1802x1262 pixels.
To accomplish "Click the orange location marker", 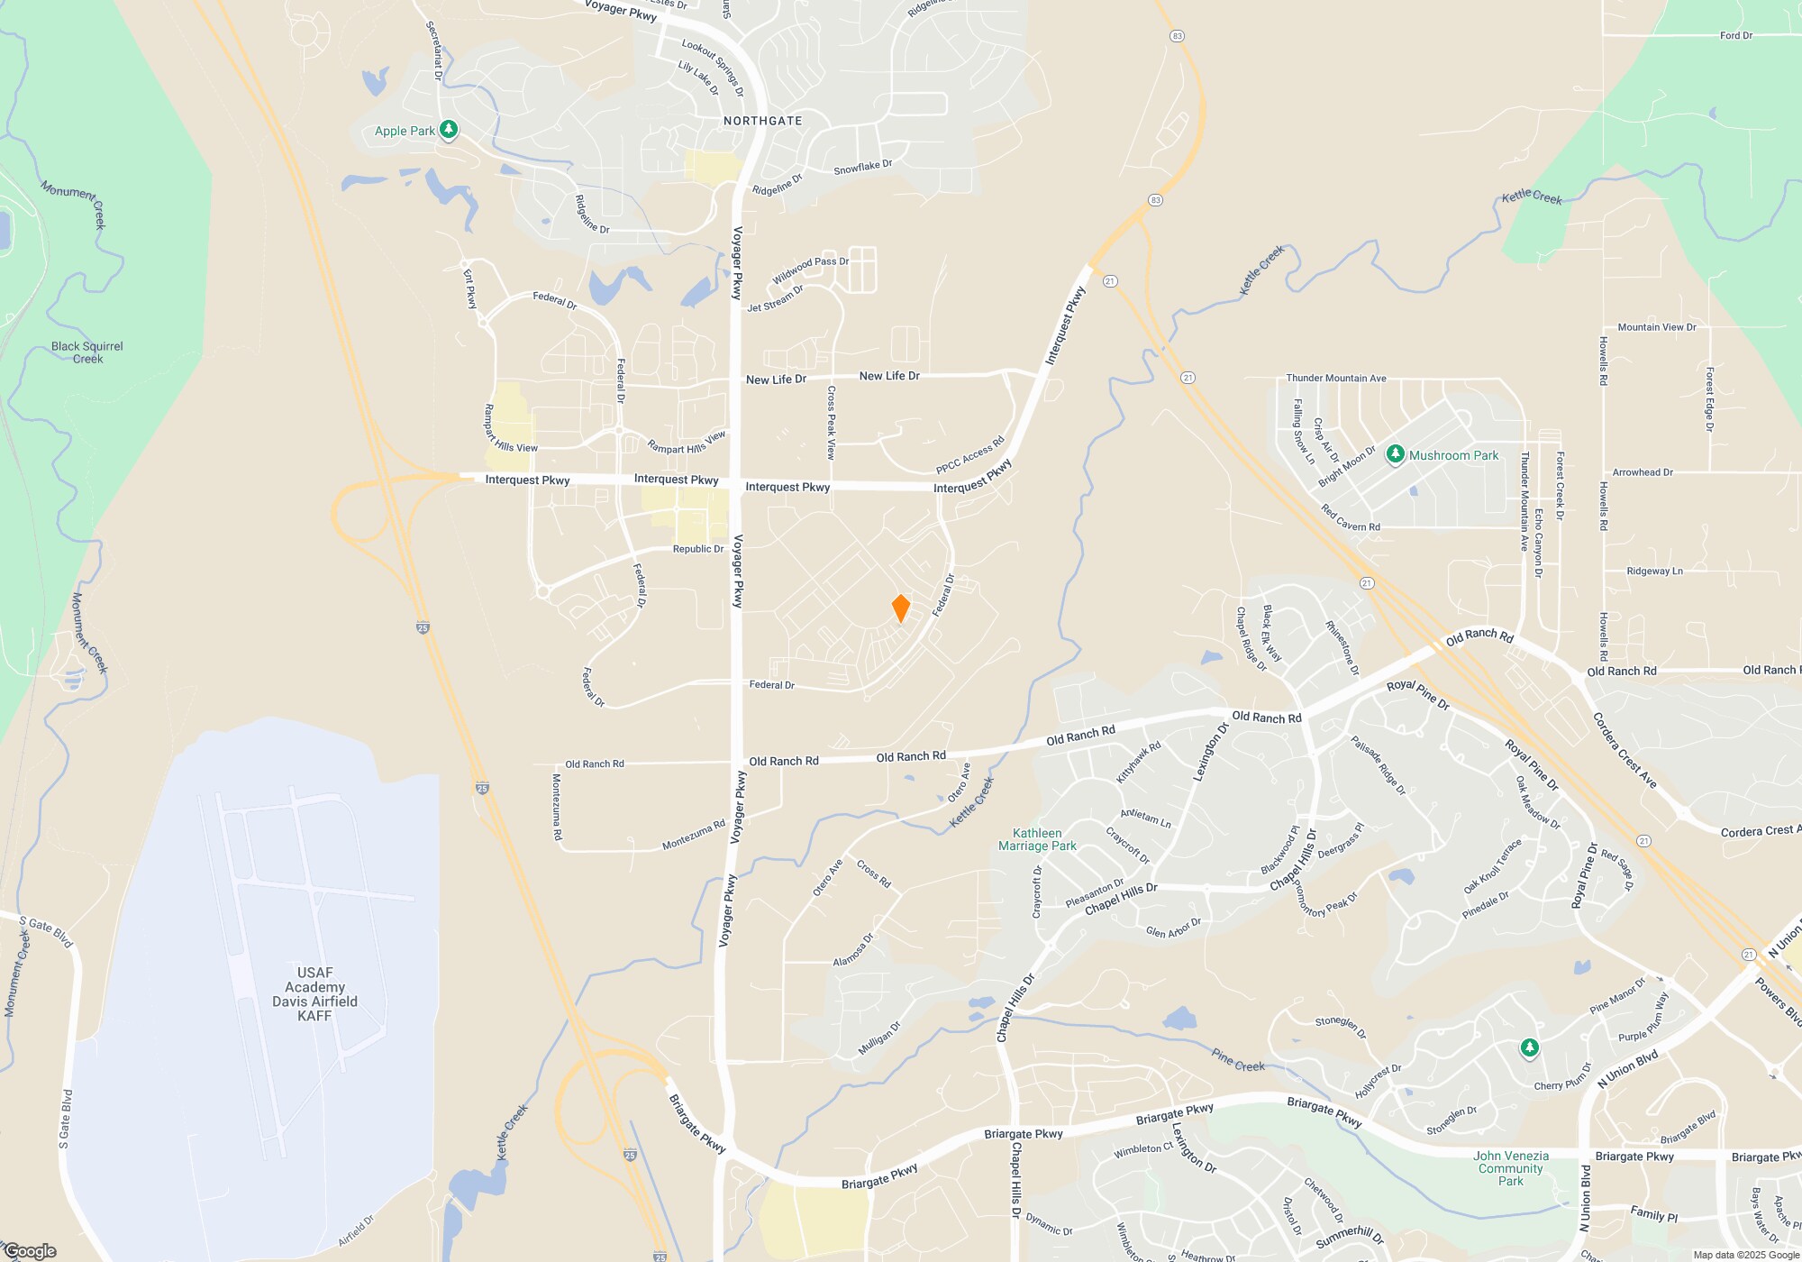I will coord(900,608).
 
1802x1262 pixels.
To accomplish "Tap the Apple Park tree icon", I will coord(448,130).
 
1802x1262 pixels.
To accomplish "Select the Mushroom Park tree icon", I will coord(1395,454).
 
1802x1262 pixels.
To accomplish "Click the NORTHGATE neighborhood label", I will coord(762,121).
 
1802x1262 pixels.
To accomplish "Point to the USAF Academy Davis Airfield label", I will coord(314,993).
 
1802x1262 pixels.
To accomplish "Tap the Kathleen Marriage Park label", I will coord(1037,839).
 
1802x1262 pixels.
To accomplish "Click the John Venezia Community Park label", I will coord(1511,1168).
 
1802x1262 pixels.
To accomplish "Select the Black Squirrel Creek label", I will coord(87,352).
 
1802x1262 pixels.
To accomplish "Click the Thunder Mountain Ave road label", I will coord(1335,379).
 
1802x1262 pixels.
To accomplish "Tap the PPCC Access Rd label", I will coord(969,455).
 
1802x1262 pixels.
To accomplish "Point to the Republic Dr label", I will coord(697,549).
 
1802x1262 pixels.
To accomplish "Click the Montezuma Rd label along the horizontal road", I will coord(693,836).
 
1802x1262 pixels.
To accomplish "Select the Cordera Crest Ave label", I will coord(1625,750).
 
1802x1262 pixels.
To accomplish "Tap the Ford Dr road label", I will coord(1735,36).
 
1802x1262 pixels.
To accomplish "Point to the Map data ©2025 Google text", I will coord(1746,1255).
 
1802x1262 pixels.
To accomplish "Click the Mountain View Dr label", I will coord(1656,327).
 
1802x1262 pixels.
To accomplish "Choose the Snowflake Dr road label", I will coord(862,167).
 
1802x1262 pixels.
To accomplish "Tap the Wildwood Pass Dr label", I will coord(810,268).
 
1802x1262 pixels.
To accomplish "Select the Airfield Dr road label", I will coord(356,1231).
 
